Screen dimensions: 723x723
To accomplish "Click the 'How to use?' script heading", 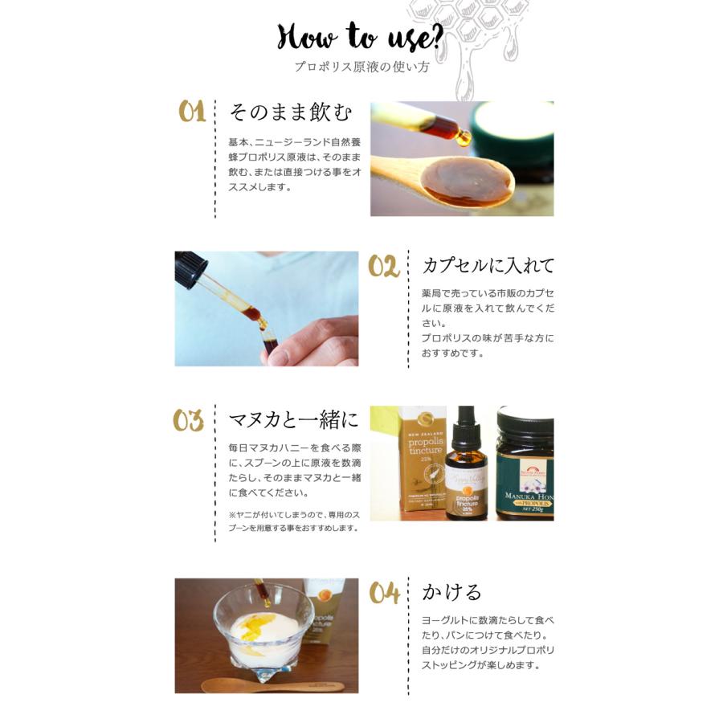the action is coord(360,36).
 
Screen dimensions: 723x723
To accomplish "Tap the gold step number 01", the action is coord(192,111).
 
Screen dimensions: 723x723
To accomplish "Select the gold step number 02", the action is coord(384,267).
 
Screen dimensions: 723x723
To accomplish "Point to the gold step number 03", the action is coord(188,420).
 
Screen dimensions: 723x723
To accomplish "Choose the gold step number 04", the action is coord(384,593).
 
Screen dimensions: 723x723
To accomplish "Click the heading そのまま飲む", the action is coord(291,112).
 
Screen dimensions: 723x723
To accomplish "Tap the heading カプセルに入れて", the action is coord(488,266).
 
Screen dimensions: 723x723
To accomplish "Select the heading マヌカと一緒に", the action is coord(294,419).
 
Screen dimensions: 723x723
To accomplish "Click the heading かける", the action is coord(451,592).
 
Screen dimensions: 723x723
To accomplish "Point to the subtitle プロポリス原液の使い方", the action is coord(362,67).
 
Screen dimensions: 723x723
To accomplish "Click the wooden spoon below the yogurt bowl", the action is coord(273,685).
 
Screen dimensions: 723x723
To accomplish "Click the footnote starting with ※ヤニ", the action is coord(294,521).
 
